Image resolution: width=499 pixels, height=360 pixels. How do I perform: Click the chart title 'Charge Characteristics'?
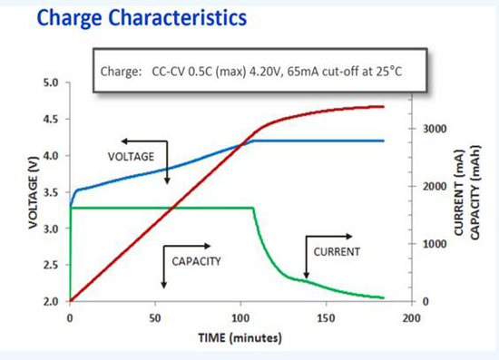[x=142, y=18]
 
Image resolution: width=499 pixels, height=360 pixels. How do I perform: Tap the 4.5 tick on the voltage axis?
[x=51, y=120]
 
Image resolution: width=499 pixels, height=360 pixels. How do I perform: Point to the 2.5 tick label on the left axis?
[x=51, y=265]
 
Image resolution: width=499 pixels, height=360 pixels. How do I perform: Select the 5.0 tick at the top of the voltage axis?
[x=51, y=83]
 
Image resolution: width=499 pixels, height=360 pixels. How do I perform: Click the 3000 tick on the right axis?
[x=435, y=129]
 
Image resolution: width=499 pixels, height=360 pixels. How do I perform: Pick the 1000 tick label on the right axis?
[x=435, y=244]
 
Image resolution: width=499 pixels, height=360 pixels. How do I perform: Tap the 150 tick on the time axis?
[x=327, y=318]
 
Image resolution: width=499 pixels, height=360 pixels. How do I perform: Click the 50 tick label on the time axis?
[x=155, y=318]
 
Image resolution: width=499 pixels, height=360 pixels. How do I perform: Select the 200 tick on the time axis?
[x=412, y=318]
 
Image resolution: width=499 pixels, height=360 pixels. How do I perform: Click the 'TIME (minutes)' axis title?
[x=240, y=337]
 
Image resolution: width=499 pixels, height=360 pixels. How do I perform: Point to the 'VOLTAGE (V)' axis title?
[x=33, y=193]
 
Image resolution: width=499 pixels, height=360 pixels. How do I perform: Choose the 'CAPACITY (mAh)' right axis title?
[x=475, y=193]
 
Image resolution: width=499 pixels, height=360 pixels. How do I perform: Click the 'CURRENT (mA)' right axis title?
[x=458, y=193]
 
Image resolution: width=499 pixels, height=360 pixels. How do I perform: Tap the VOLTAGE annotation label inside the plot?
[x=131, y=157]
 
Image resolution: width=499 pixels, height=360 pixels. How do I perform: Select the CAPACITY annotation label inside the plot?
[x=196, y=261]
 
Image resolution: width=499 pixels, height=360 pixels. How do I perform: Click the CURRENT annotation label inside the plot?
[x=337, y=252]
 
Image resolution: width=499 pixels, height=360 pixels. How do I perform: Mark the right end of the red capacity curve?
[x=383, y=107]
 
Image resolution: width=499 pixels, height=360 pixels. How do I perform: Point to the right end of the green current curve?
[x=383, y=298]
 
